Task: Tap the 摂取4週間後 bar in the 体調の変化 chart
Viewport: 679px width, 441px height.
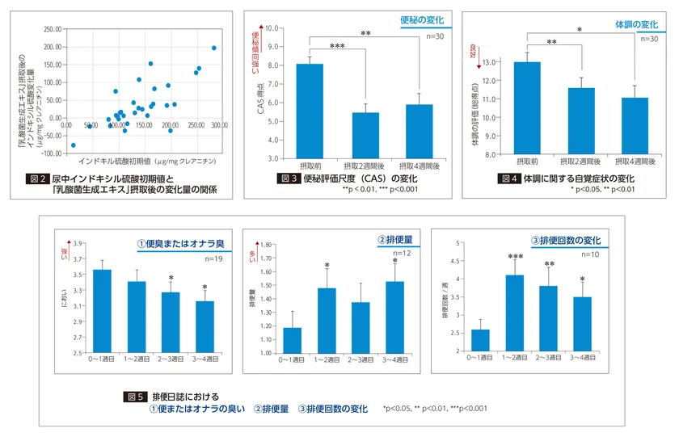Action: tap(634, 125)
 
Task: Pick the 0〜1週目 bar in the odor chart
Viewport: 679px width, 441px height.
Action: tap(103, 311)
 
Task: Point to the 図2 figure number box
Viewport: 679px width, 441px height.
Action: tap(39, 178)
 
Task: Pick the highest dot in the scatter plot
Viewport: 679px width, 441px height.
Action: tap(214, 48)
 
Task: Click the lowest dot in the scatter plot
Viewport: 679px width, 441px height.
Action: tap(74, 145)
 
